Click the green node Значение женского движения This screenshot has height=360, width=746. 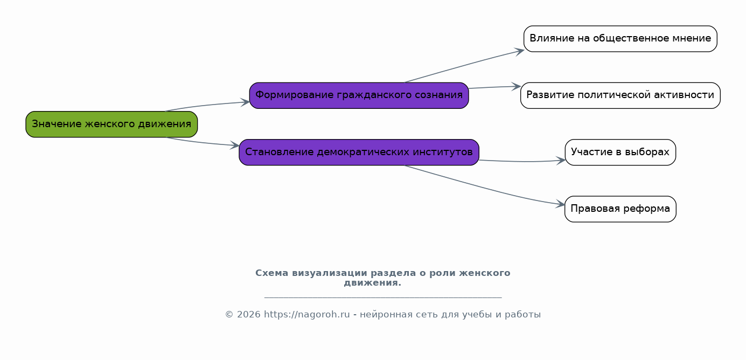coord(111,124)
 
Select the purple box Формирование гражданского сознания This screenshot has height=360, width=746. coord(359,96)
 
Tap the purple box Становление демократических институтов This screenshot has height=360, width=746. coord(359,153)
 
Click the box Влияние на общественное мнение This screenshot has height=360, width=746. coord(620,39)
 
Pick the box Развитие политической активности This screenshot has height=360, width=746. coord(620,96)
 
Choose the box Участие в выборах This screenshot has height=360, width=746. coord(620,153)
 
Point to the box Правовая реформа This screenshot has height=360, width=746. coord(620,209)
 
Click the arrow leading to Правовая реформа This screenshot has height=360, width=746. coord(485,188)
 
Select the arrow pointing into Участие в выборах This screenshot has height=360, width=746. coord(522,161)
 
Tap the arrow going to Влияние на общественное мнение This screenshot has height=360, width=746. coord(464,65)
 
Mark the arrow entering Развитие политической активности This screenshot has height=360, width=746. coord(495,87)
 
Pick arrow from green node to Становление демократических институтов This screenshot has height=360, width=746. coord(203,142)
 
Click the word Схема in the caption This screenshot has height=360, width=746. coord(272,273)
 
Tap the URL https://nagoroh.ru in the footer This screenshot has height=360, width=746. coord(306,314)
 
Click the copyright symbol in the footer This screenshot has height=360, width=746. coord(229,315)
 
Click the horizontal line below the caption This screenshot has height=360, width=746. coord(383,297)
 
